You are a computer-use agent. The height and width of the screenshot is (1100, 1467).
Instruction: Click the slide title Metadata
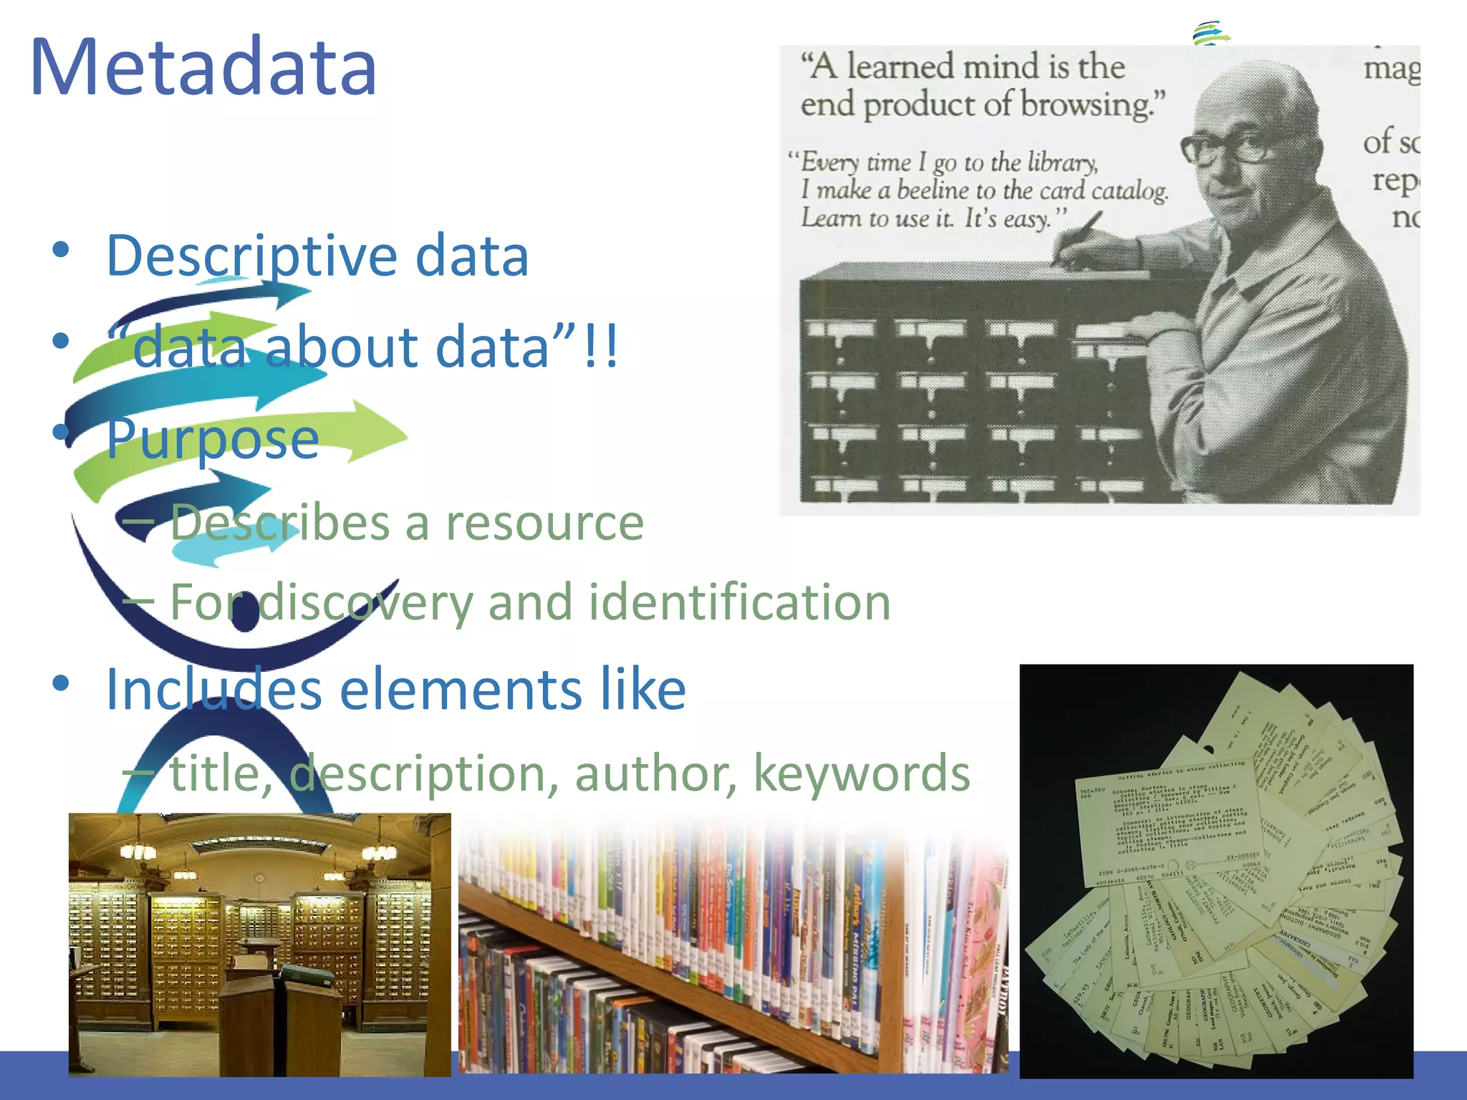(x=203, y=67)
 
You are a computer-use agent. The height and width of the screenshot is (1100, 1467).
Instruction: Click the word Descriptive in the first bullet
(x=251, y=256)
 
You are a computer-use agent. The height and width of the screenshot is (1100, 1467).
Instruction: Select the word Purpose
(x=213, y=438)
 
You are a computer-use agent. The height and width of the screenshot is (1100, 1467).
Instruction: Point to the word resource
(x=544, y=523)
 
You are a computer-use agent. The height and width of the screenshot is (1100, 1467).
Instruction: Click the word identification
(x=739, y=602)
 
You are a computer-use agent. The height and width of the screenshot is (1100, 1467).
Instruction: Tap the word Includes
(x=213, y=690)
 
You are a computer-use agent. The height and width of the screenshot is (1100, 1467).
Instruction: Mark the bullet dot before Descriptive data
(x=61, y=250)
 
